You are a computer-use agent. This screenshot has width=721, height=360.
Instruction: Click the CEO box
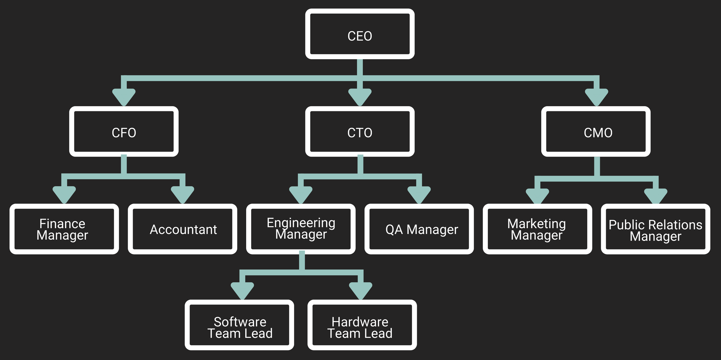360,34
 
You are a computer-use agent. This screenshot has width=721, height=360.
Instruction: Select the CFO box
124,132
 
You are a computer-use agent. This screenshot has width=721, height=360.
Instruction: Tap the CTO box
360,132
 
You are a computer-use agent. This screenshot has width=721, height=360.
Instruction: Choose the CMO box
596,132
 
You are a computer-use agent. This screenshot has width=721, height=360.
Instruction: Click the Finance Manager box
64,229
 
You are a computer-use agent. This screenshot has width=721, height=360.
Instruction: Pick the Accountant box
183,229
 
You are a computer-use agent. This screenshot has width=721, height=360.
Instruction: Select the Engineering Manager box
301,229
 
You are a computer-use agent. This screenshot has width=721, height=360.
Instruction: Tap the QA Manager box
419,229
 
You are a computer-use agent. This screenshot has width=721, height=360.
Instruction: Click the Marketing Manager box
537,229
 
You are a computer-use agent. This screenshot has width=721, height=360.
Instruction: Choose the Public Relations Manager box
656,229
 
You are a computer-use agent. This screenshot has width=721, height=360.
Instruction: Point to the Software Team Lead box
239,325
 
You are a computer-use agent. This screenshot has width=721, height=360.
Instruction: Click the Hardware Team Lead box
362,325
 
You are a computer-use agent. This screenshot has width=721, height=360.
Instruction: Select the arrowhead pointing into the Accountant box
183,194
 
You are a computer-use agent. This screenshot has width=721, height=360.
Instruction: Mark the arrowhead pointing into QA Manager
419,194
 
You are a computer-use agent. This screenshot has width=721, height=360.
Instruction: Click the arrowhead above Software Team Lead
242,290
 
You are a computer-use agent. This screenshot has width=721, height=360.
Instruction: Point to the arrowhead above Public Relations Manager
656,196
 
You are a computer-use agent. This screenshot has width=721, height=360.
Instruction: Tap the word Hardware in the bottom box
360,322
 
